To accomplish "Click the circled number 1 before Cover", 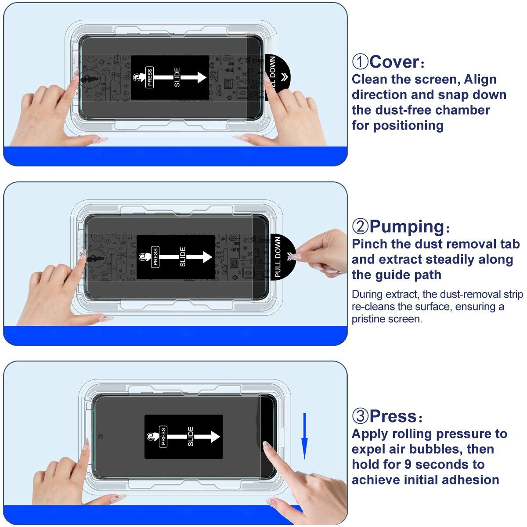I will [360, 62].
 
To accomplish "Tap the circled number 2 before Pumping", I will [360, 227].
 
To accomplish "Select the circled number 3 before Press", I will [360, 416].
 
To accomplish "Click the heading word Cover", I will [394, 62].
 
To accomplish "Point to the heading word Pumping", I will [407, 227].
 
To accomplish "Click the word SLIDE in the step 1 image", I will [177, 77].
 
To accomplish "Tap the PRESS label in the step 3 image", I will [163, 437].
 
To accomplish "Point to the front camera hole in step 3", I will [101, 437].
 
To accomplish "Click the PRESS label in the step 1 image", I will [149, 77].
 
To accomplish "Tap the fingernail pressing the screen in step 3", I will [266, 446].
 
